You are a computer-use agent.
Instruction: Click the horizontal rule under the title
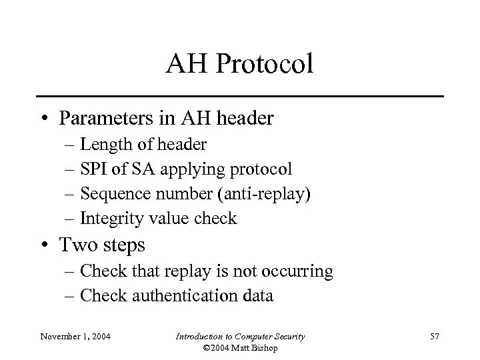[x=240, y=97]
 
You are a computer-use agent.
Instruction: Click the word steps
[x=121, y=246]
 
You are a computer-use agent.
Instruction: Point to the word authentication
[x=187, y=295]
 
